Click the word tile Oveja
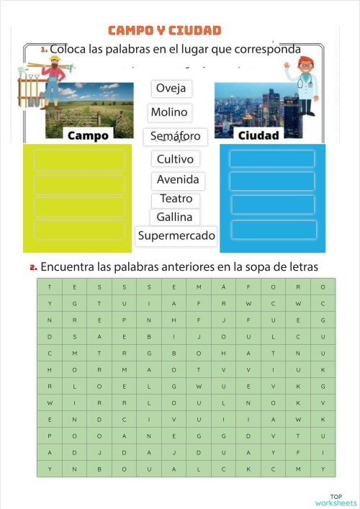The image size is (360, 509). tap(171, 88)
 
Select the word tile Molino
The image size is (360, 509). tap(169, 112)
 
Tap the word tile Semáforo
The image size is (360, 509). tap(175, 136)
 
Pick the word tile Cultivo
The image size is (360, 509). tap(175, 159)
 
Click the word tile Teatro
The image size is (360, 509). tap(176, 199)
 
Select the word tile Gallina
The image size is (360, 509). tap(174, 217)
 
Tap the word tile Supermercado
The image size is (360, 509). tap(176, 235)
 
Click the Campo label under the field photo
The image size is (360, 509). tap(88, 135)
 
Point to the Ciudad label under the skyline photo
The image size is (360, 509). tap(258, 135)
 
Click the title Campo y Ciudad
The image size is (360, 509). tap(164, 30)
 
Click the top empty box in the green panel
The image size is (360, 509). tap(69, 160)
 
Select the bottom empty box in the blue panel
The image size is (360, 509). tap(273, 230)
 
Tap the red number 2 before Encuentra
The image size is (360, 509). tap(33, 267)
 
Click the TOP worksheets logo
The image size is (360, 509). tap(336, 500)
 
